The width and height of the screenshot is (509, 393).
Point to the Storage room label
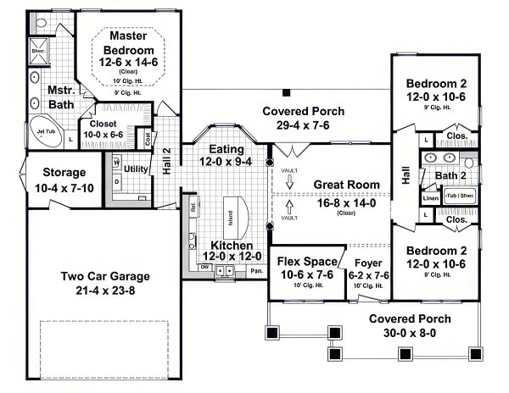[40, 172]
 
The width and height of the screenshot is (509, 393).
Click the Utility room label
[137, 169]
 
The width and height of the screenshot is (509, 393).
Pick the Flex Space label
[304, 260]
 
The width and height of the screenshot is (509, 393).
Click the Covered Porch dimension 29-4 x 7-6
[296, 125]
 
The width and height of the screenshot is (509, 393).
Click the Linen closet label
[431, 197]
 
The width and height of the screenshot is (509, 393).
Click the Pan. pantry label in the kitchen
[256, 271]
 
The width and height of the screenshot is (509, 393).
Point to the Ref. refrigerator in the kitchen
[194, 206]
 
